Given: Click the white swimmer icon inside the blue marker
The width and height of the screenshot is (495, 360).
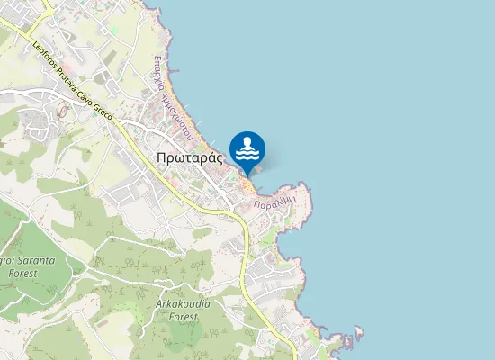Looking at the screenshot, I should coord(247,148).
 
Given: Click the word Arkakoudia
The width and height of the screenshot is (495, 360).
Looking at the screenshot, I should coord(183,304).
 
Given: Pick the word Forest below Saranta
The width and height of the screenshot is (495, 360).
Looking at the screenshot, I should coord(20,271).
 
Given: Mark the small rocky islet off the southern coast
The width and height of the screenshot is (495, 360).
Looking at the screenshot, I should coord(357,334).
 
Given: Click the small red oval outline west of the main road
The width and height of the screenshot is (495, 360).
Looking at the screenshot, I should coord(62,112).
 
